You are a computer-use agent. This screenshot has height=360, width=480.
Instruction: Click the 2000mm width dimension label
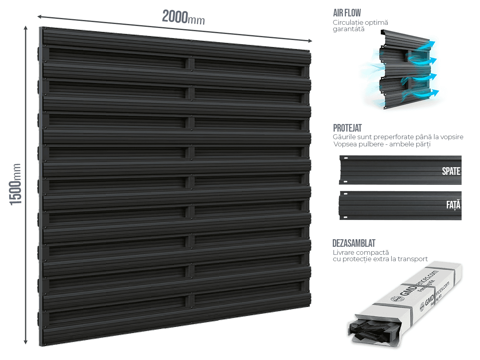[x=184, y=17]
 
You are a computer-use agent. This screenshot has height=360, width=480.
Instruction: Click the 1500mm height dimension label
[x=15, y=184]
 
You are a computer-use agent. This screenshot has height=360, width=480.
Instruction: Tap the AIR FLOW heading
[x=347, y=13]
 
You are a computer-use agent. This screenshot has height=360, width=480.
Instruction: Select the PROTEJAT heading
[x=347, y=128]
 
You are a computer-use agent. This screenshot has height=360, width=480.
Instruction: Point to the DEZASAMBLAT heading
[x=354, y=243]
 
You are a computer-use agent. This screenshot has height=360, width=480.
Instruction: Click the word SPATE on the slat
[x=451, y=171]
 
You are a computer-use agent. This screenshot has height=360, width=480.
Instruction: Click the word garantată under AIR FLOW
[x=348, y=29]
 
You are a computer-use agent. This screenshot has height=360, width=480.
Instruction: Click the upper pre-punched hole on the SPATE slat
[x=346, y=158]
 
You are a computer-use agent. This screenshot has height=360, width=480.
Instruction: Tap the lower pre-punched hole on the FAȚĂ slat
[x=346, y=217]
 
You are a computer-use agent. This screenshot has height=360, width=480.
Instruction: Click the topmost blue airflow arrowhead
[x=432, y=43]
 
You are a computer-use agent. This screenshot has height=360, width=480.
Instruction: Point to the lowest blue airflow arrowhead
[x=435, y=92]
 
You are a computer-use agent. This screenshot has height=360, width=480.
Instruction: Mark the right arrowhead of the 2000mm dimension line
[x=310, y=41]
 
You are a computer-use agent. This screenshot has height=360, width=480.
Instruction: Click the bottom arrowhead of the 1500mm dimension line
[x=26, y=342]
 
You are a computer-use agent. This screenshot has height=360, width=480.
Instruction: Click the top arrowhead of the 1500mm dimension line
[x=26, y=28]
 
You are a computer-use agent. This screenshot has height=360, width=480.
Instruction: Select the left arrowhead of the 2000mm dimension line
[x=40, y=16]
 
